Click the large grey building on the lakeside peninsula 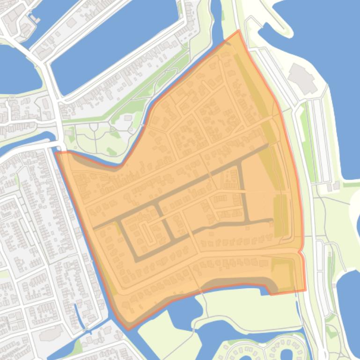[302, 78]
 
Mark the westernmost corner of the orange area [56, 152]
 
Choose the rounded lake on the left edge [16, 70]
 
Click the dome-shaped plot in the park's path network [94, 127]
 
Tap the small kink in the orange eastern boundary [300, 252]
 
